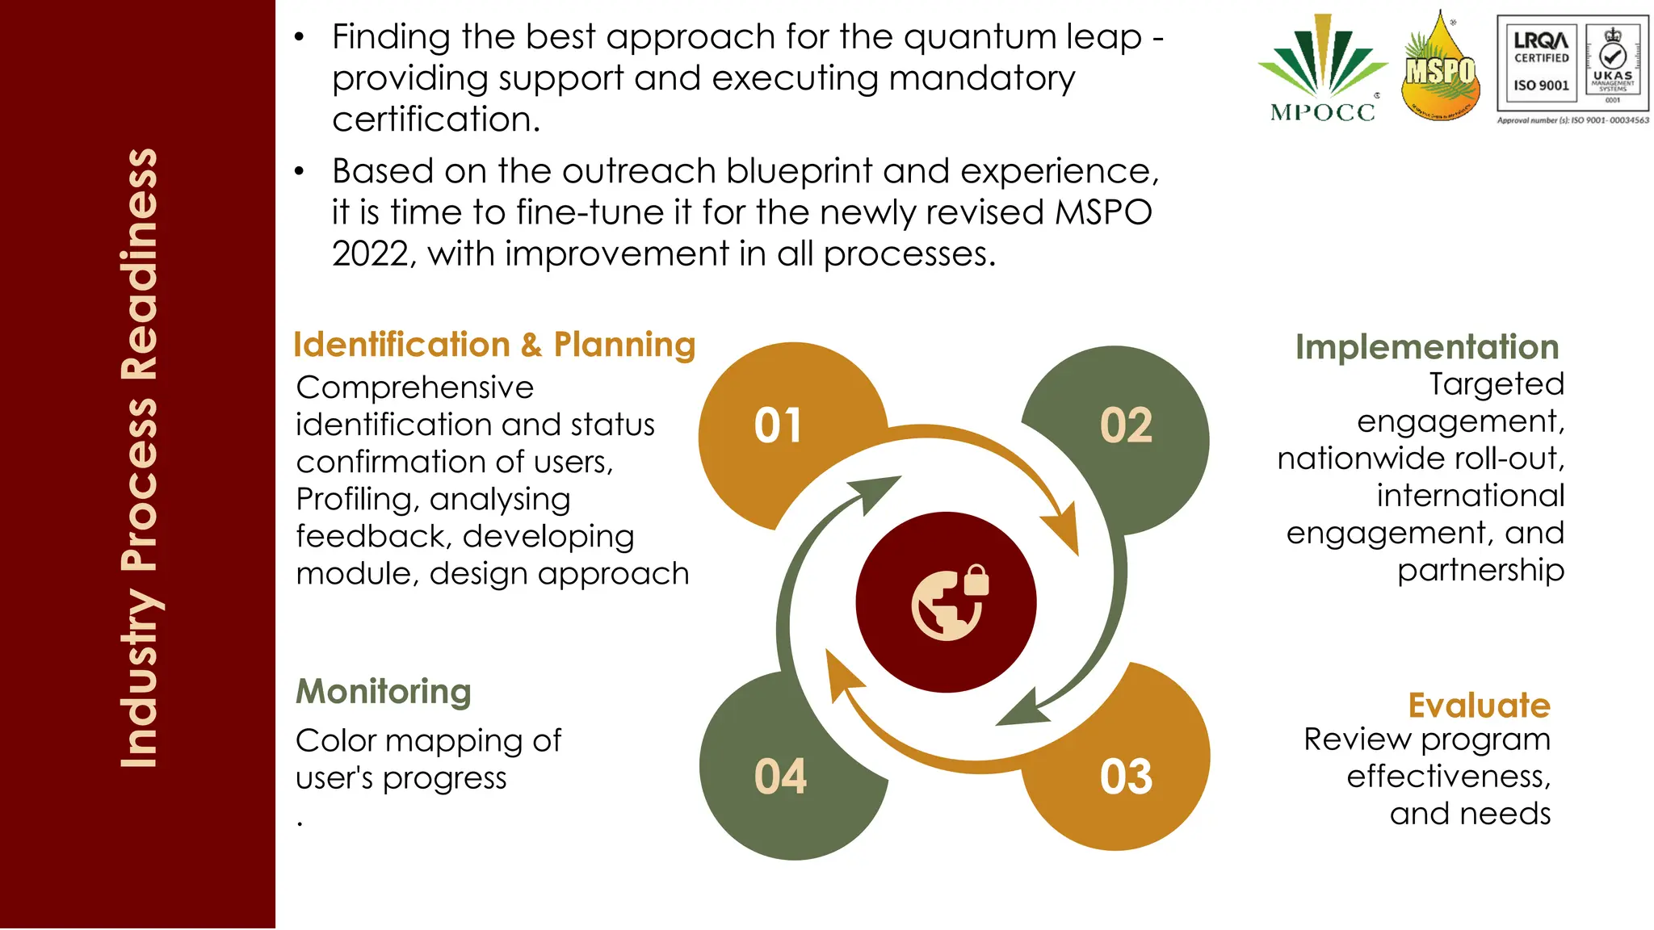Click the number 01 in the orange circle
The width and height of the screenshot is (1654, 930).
(x=778, y=425)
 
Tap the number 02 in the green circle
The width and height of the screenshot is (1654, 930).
(x=1126, y=425)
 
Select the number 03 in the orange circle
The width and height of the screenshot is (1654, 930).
(x=1126, y=777)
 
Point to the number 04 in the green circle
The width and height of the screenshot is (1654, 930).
(x=780, y=777)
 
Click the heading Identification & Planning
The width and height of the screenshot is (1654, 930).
(x=493, y=345)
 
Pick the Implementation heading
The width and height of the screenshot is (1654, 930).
(x=1426, y=347)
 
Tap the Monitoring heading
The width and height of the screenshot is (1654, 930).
(x=384, y=692)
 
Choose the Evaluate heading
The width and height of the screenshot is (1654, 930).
(x=1479, y=706)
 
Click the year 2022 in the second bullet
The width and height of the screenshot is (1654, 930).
(x=370, y=254)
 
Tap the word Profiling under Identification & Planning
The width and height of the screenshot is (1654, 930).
(x=353, y=500)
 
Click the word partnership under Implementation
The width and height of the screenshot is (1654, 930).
(x=1480, y=570)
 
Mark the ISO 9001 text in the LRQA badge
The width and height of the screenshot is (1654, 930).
(x=1541, y=86)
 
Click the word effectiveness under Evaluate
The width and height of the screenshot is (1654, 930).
(x=1448, y=777)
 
